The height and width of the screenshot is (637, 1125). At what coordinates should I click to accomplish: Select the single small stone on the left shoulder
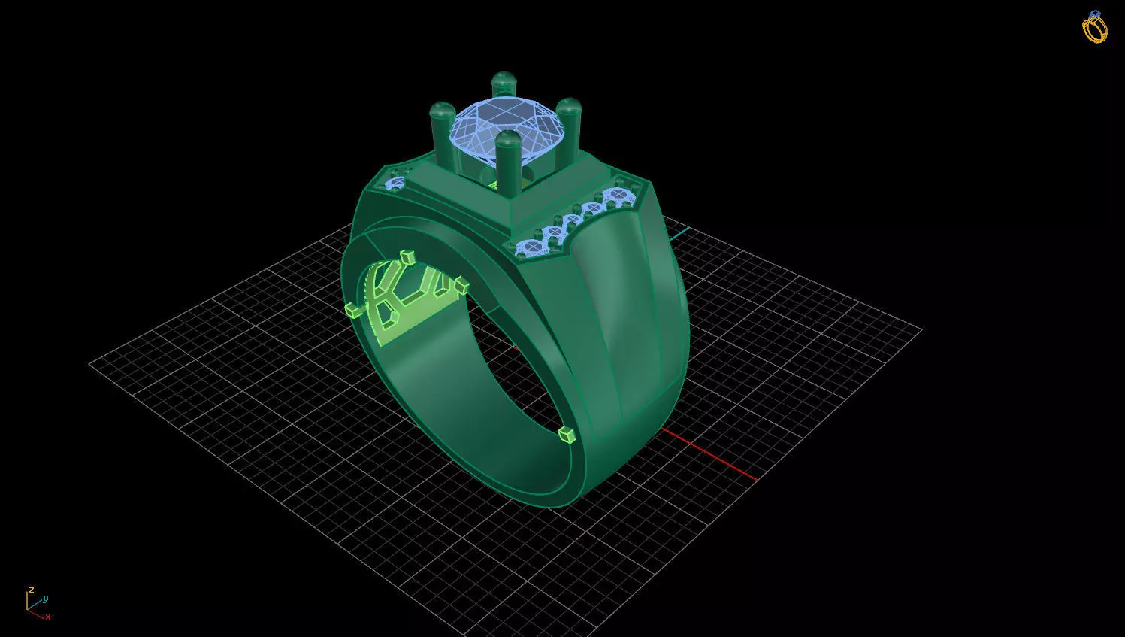tap(395, 183)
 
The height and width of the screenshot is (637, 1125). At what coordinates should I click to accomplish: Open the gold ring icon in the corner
tap(1094, 27)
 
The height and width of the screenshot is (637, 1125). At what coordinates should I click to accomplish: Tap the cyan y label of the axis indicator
tap(45, 599)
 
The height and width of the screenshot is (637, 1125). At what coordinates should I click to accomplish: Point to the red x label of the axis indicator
tap(48, 617)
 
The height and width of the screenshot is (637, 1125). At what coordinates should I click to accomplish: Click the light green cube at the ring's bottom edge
tap(567, 435)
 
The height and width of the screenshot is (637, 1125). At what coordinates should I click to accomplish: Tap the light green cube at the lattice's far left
tap(352, 309)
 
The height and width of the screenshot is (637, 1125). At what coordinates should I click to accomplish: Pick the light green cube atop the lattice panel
tap(408, 257)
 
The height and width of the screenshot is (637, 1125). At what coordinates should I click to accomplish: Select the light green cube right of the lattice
tap(461, 285)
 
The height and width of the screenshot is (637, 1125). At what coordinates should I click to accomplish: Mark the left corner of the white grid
tap(90, 364)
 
